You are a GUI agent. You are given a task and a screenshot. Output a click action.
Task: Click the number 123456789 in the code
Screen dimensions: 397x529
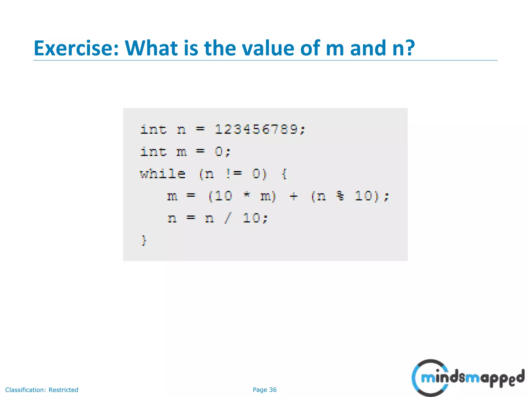pos(256,129)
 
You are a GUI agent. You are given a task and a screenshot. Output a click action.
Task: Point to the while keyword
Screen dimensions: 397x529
pos(163,174)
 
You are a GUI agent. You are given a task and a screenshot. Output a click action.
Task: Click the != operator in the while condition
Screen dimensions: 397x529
pos(234,174)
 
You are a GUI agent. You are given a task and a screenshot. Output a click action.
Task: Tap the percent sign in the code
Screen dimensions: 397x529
pos(340,196)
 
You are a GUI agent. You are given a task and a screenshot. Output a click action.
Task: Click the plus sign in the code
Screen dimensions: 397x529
pos(294,196)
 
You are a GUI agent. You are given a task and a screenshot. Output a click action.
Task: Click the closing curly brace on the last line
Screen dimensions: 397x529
pos(144,240)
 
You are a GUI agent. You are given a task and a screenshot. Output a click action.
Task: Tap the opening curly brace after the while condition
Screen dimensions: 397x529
pos(284,174)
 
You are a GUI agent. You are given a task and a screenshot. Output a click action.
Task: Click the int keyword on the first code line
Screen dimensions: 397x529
pos(153,129)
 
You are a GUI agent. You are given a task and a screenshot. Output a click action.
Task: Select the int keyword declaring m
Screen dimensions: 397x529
pos(153,151)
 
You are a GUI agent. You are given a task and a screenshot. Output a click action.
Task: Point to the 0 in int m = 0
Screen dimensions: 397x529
pos(219,151)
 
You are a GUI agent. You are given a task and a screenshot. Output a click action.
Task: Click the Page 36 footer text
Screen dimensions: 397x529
pos(264,390)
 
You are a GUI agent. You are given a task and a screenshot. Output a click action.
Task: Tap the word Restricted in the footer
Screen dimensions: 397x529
pos(63,390)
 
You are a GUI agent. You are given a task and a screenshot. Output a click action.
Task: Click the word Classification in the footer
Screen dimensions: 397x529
pos(25,390)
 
